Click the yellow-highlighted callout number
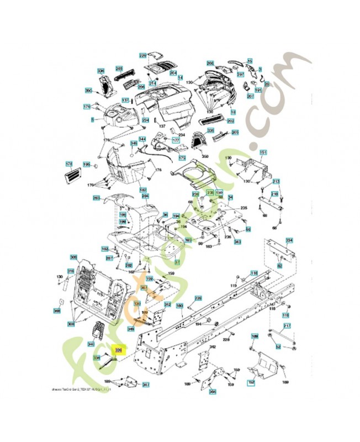(x=118, y=350)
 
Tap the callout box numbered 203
(x=119, y=69)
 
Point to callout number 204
(x=173, y=73)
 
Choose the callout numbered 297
(x=240, y=74)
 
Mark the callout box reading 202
(x=231, y=121)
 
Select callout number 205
(x=235, y=133)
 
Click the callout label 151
(x=263, y=152)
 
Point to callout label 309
(x=73, y=257)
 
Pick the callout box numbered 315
(x=71, y=271)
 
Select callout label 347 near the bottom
(x=146, y=385)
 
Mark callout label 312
(x=167, y=304)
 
